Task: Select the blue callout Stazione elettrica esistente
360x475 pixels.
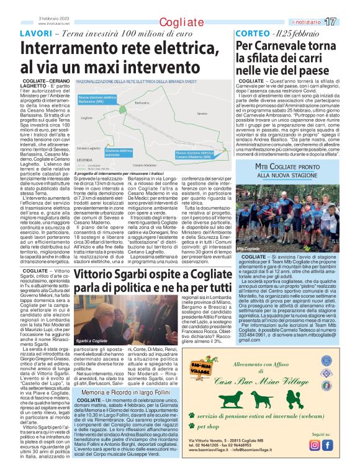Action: point(119,153)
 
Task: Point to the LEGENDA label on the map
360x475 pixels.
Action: point(84,160)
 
